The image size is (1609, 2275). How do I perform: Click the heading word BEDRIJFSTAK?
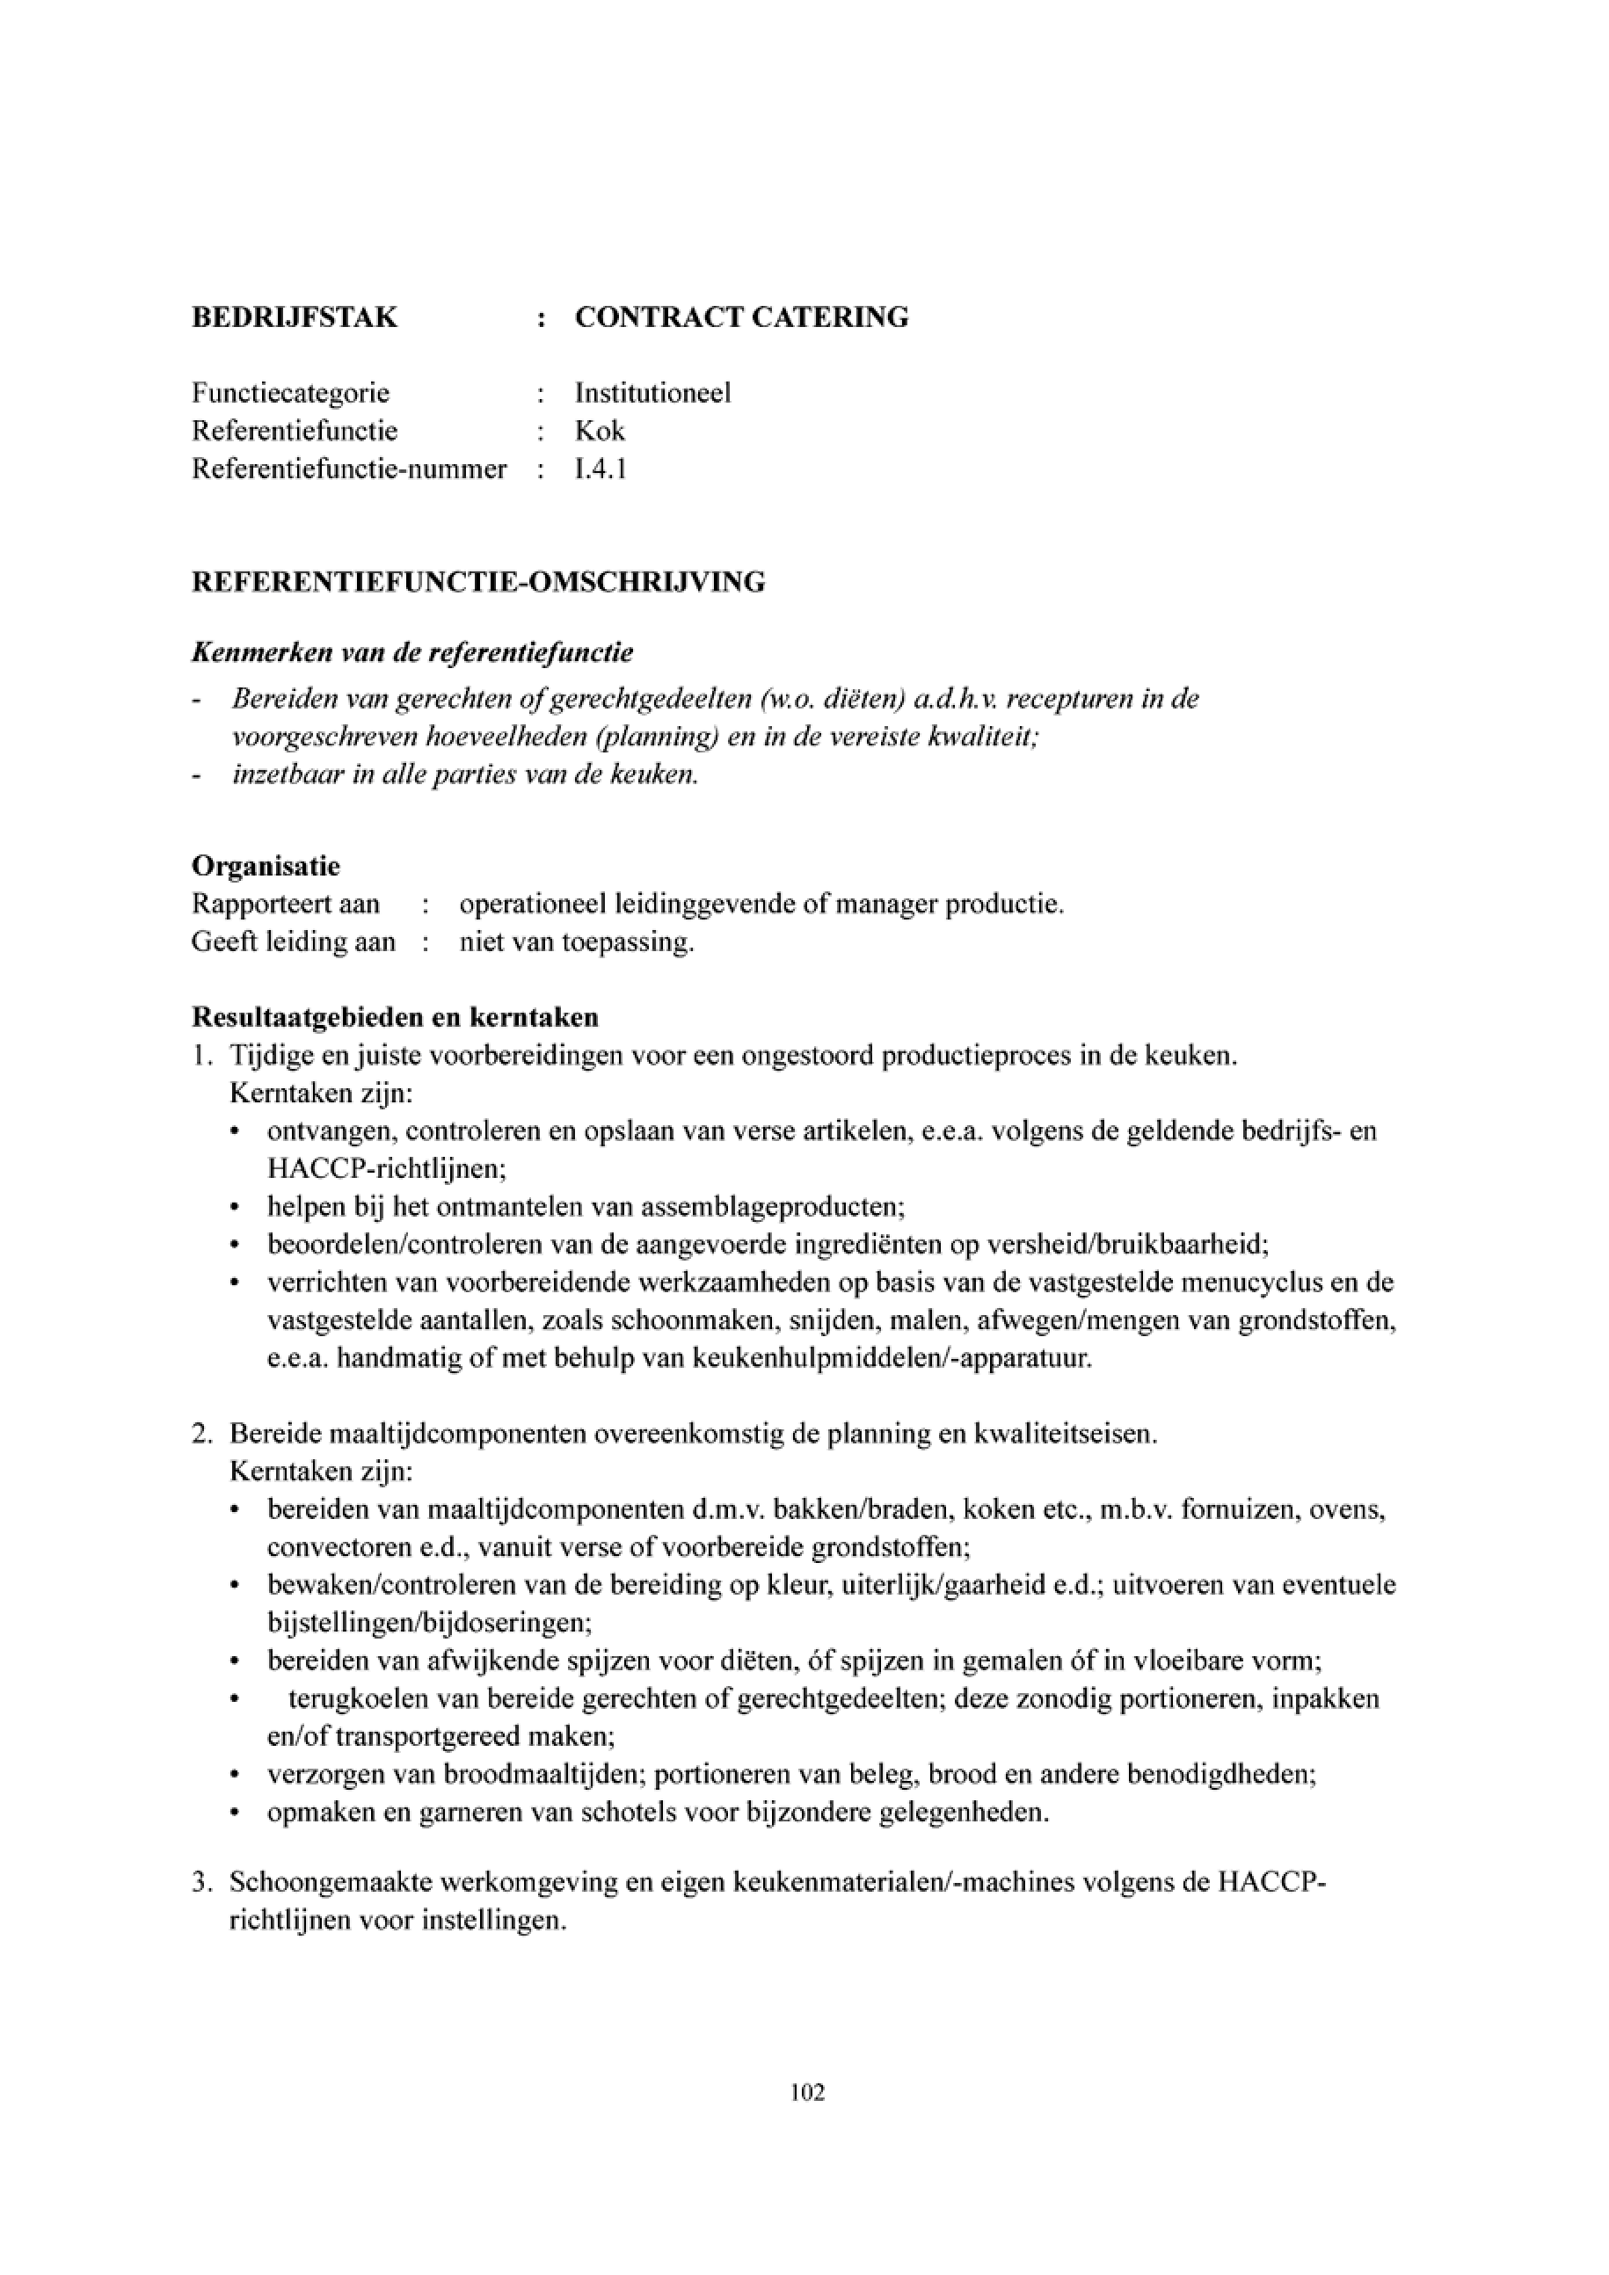[295, 317]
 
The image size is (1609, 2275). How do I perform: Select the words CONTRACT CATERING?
[741, 317]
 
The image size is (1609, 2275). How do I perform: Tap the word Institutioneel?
[653, 393]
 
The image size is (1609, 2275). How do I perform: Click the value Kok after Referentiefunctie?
[600, 431]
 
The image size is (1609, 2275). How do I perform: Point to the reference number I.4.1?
[601, 469]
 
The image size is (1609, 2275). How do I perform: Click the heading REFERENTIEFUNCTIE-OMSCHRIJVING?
[478, 582]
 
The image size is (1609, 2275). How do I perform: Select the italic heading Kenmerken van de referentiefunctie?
[412, 653]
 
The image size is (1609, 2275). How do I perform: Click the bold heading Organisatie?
[266, 866]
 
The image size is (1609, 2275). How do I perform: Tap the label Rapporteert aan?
[286, 905]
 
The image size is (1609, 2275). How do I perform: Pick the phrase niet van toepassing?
[577, 941]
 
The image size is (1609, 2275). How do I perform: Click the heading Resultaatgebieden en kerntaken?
[394, 1018]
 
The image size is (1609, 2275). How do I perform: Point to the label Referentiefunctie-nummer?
[349, 469]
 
